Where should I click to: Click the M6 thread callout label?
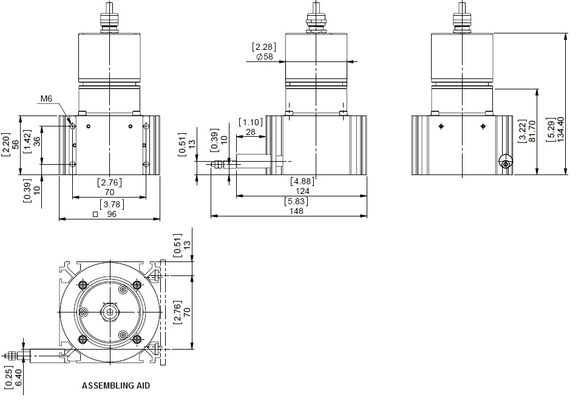(x=46, y=99)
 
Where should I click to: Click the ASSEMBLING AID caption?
(x=116, y=385)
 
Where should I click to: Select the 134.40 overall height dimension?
(x=560, y=129)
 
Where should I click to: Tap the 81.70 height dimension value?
(x=532, y=131)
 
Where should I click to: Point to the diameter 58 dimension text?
(x=265, y=57)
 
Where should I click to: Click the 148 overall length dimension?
(x=296, y=211)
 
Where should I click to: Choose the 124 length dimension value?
(x=302, y=192)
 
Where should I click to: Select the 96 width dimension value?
(x=112, y=215)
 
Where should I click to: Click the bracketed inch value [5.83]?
(x=296, y=201)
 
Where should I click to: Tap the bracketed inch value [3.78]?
(x=112, y=204)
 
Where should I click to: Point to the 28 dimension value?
(x=251, y=132)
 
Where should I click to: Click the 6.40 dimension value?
(x=18, y=378)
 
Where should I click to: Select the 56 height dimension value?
(x=16, y=144)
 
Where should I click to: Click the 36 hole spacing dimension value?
(x=36, y=141)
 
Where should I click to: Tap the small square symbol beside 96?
(x=95, y=215)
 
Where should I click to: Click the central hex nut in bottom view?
(x=110, y=312)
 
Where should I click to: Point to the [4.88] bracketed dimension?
(x=302, y=182)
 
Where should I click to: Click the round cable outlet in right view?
(x=506, y=162)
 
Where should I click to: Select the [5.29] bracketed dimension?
(x=551, y=129)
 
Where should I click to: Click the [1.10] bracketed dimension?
(x=251, y=122)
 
